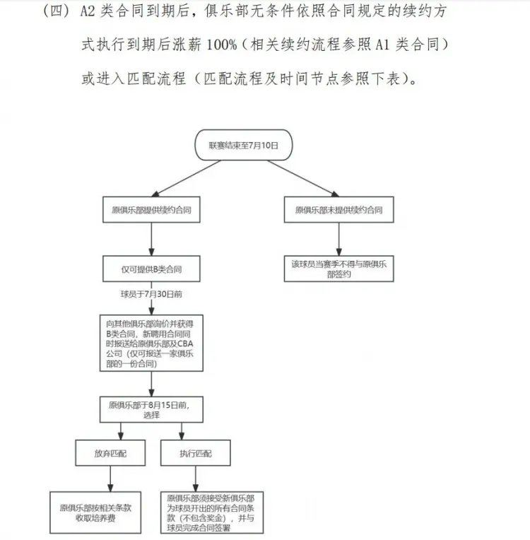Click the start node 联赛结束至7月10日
(243, 145)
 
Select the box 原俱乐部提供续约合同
(151, 210)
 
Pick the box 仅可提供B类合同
(151, 269)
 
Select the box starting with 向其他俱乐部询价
(151, 341)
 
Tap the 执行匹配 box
(195, 453)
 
